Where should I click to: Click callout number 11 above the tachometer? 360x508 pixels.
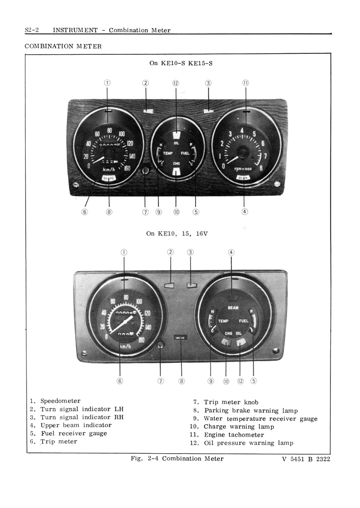point(245,83)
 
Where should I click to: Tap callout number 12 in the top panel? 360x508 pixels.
point(175,83)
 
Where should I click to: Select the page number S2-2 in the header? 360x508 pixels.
point(32,30)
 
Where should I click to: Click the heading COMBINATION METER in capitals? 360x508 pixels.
point(63,46)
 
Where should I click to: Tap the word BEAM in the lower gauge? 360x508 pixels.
point(233,308)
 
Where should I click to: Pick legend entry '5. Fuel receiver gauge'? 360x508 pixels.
point(68,433)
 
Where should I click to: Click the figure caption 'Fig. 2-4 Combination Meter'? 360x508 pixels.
point(177,458)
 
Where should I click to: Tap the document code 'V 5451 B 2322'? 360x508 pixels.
point(306,458)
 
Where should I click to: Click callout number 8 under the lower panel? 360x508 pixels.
point(182,381)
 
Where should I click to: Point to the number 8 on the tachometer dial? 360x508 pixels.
point(261,168)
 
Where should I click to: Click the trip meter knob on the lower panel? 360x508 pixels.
point(160,345)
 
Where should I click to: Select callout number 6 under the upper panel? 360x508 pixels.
point(84,212)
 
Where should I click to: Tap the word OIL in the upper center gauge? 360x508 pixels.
point(176,143)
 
